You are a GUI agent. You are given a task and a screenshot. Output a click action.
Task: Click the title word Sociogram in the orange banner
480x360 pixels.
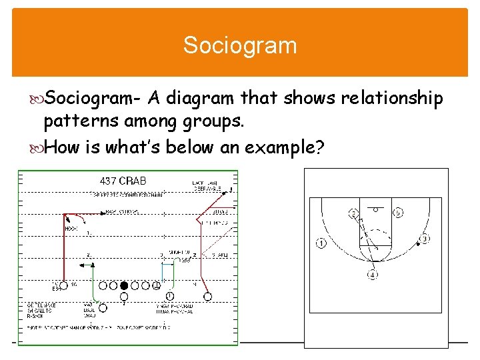[240, 46]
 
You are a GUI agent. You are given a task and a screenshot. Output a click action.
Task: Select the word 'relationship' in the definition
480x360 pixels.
[392, 99]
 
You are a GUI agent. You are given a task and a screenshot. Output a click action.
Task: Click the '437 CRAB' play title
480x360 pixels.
[123, 181]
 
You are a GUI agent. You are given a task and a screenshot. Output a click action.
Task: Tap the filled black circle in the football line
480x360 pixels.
[123, 286]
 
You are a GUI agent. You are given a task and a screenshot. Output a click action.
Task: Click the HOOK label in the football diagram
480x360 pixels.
[71, 229]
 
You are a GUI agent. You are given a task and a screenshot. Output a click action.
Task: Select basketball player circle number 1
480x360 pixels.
[322, 243]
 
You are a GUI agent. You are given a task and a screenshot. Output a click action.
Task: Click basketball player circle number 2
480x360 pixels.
[354, 214]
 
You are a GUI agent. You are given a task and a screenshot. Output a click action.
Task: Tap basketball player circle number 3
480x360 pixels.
[424, 239]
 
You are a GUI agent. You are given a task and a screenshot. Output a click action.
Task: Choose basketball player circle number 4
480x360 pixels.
[373, 274]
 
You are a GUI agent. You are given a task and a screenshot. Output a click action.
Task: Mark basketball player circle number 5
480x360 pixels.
[397, 213]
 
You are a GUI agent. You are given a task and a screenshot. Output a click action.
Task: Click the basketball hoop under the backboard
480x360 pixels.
[375, 209]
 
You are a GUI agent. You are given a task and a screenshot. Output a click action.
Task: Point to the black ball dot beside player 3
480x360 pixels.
[418, 245]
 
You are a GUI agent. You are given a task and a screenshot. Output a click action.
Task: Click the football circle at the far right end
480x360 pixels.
[207, 296]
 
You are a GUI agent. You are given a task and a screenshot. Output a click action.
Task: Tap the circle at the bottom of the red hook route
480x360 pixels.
[64, 286]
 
